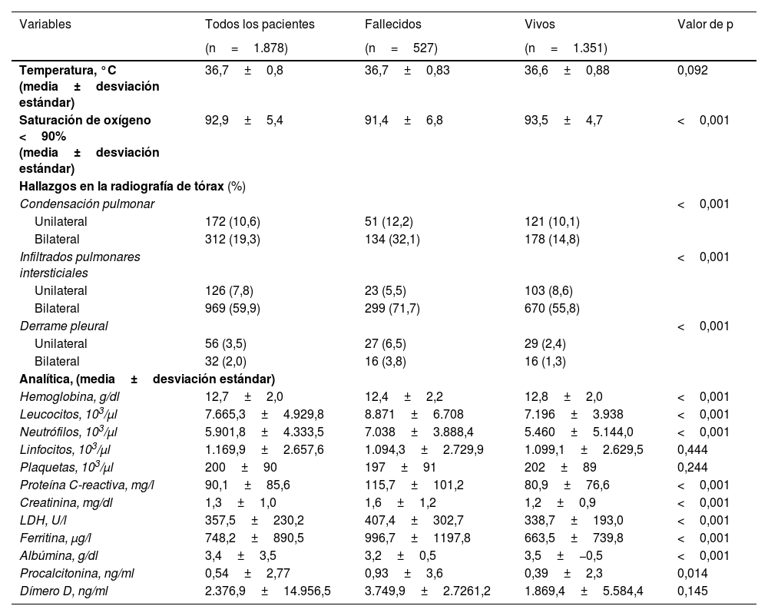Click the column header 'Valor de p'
[704, 25]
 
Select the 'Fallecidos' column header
[392, 25]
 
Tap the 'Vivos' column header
[540, 25]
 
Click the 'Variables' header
[45, 25]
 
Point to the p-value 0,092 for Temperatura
[693, 70]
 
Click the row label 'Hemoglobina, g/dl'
[68, 396]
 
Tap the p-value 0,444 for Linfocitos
[693, 449]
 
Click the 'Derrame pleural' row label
[64, 326]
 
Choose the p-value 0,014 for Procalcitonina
[693, 573]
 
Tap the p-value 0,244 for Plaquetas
[693, 467]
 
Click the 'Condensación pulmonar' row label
[87, 204]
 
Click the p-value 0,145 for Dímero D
[693, 591]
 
